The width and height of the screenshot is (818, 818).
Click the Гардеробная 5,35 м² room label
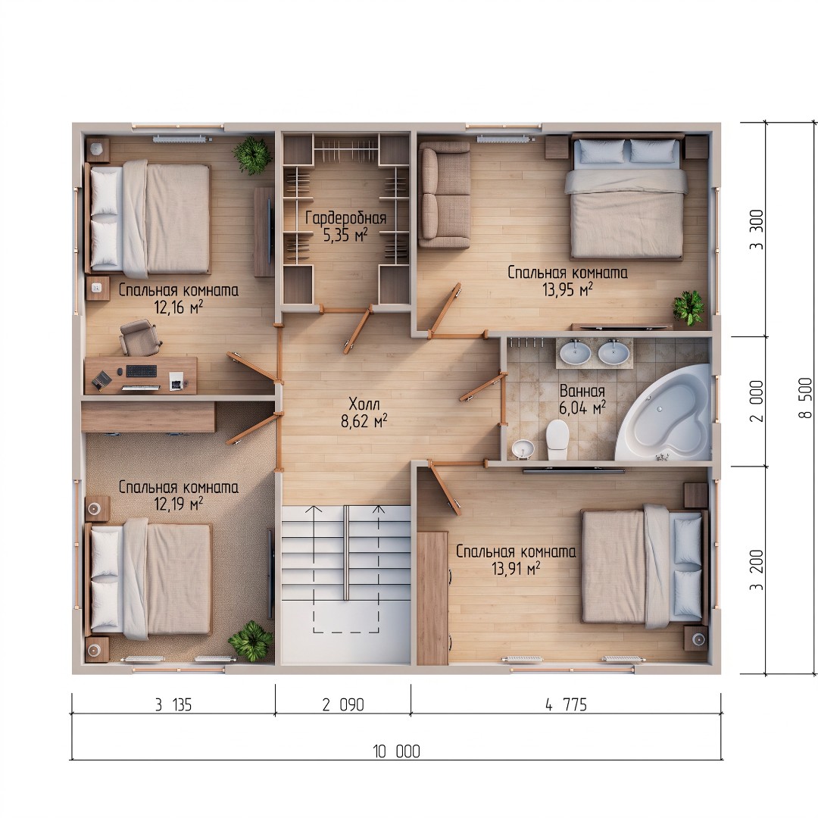[346, 226]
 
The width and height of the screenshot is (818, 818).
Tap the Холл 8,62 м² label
[364, 412]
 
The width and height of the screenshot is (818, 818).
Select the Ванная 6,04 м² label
[582, 399]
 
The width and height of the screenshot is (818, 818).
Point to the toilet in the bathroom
[557, 439]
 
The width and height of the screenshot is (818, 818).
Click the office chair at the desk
[140, 337]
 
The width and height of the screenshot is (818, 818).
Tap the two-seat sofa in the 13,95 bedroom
[444, 194]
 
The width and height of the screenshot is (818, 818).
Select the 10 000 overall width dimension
[396, 751]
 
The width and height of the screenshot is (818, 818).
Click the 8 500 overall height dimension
[805, 398]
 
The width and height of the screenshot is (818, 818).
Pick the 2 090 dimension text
[343, 705]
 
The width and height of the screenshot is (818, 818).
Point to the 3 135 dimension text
[173, 705]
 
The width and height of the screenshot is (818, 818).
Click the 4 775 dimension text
[567, 705]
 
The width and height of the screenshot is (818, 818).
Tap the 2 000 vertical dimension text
[756, 401]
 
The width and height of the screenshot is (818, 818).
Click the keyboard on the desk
[142, 371]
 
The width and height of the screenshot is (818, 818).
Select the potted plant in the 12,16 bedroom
[252, 155]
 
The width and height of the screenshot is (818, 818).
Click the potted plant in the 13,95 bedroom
[688, 308]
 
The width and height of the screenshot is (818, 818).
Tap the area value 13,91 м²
[516, 568]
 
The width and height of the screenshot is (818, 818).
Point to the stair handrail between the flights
[346, 552]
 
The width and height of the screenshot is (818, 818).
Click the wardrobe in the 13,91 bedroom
[432, 598]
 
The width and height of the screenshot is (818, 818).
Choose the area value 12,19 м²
[179, 504]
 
